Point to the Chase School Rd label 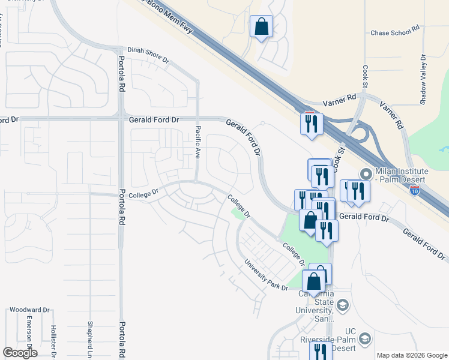[x=395, y=33]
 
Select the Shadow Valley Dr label [x=423, y=78]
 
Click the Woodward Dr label [x=29, y=310]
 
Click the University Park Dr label [x=266, y=275]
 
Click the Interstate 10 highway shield [x=415, y=191]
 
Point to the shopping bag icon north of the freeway [x=261, y=26]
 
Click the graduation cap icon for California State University [x=343, y=306]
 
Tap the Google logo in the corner [x=20, y=352]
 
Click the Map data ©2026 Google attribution [x=412, y=355]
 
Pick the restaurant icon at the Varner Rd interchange [x=312, y=124]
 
